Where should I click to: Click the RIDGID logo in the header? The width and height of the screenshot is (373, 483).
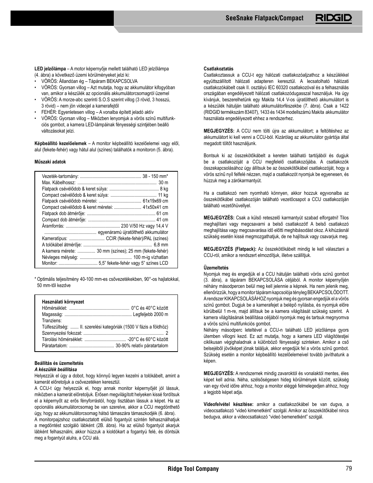[x=334, y=18]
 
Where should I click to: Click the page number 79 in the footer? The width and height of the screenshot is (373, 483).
[x=348, y=469]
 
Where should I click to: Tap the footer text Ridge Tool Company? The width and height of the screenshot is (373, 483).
[x=193, y=469]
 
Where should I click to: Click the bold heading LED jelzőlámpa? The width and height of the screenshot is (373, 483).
[x=50, y=69]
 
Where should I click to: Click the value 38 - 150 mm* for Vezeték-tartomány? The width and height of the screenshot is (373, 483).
[x=155, y=176]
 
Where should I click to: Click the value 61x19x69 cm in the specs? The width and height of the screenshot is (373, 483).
[x=155, y=201]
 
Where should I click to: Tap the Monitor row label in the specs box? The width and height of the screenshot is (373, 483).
[x=50, y=263]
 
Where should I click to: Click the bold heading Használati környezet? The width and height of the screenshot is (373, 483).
[x=63, y=302]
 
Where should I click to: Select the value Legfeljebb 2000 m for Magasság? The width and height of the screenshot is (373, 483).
[x=150, y=314]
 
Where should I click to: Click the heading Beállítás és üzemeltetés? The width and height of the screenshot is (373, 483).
[x=59, y=363]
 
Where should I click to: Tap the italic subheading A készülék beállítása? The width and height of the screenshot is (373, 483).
[x=56, y=370]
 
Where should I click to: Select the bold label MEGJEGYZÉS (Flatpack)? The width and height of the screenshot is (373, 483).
[x=230, y=249]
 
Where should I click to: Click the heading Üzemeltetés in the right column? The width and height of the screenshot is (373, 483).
[x=216, y=268]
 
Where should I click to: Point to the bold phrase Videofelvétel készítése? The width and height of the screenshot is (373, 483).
[x=228, y=404]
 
